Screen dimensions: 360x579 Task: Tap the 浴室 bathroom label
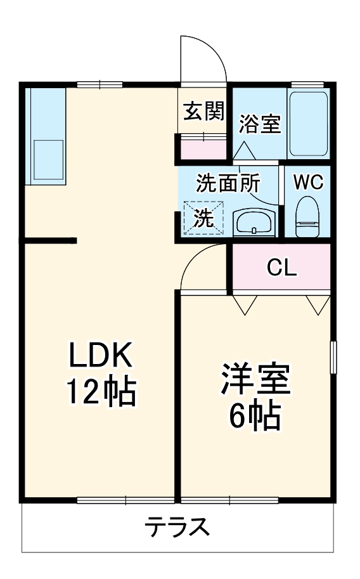click(x=260, y=124)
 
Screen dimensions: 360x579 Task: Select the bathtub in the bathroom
click(x=308, y=123)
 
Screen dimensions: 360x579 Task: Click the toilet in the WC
click(x=307, y=216)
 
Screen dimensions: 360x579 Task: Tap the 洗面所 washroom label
click(x=228, y=183)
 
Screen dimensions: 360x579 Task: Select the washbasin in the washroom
click(x=254, y=223)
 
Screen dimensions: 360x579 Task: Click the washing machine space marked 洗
click(x=204, y=218)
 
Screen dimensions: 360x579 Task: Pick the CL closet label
click(x=281, y=268)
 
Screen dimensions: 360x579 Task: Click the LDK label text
click(x=100, y=355)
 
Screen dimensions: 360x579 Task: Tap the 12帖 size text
click(x=101, y=392)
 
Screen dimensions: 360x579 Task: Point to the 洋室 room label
click(x=255, y=379)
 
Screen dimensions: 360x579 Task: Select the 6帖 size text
click(x=255, y=417)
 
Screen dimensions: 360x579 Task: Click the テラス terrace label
click(x=177, y=527)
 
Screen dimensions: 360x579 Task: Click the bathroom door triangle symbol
click(x=244, y=151)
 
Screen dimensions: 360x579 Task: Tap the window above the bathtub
click(x=307, y=84)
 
